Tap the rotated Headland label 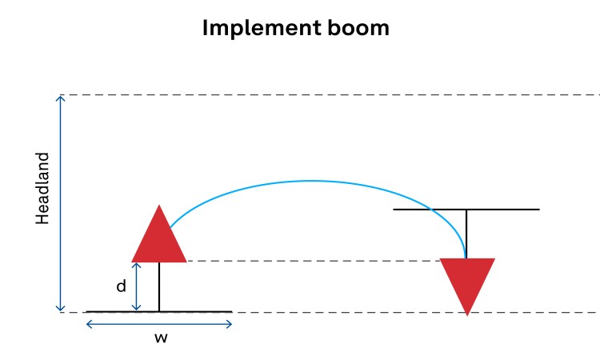pyautogui.click(x=43, y=189)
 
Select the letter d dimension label pyautogui.click(x=122, y=286)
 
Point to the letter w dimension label pyautogui.click(x=160, y=338)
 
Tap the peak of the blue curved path pyautogui.click(x=312, y=181)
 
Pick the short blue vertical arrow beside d pyautogui.click(x=138, y=286)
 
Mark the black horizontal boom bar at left pyautogui.click(x=200, y=311)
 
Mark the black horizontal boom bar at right pyautogui.click(x=504, y=210)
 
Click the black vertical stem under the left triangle pyautogui.click(x=159, y=286)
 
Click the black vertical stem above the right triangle pyautogui.click(x=466, y=234)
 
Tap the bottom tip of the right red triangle pyautogui.click(x=467, y=314)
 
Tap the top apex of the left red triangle pyautogui.click(x=159, y=206)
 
